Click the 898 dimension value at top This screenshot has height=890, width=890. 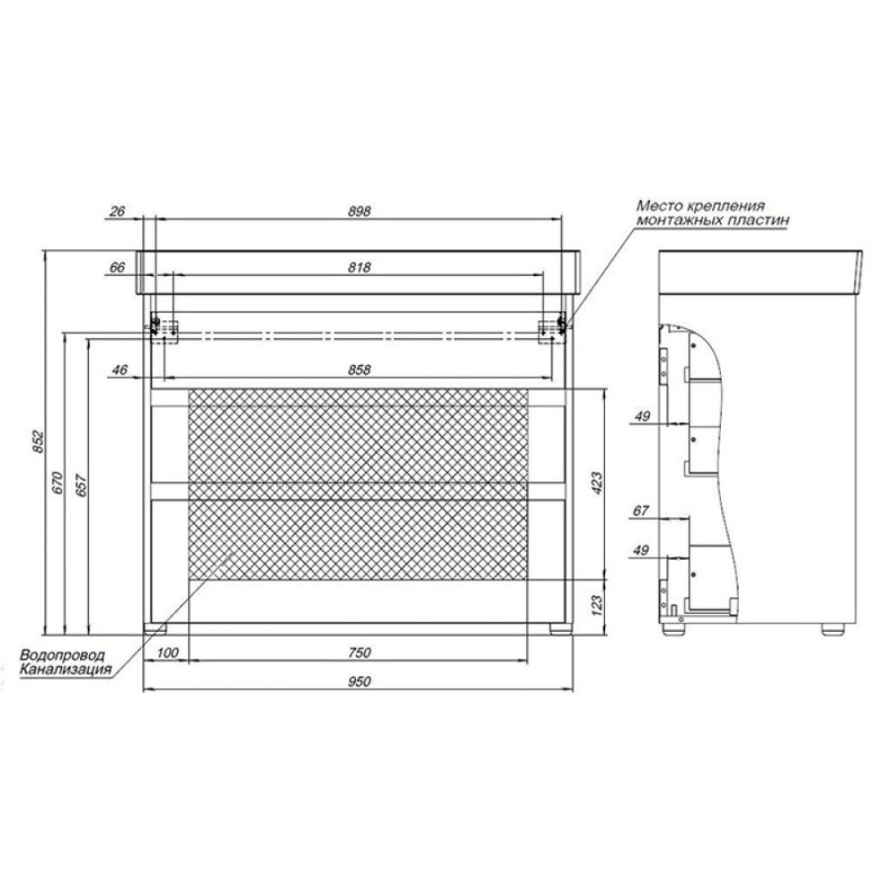[359, 212]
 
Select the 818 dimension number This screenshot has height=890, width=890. [359, 267]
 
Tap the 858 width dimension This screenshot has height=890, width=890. [359, 370]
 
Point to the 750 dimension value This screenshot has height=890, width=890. [359, 653]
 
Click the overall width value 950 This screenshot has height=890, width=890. [359, 681]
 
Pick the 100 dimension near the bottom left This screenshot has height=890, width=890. [167, 653]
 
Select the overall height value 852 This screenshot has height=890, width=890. [38, 442]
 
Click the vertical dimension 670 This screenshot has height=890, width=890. [57, 483]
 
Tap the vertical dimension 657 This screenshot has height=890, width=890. [81, 486]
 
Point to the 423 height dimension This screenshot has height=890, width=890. [597, 483]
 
